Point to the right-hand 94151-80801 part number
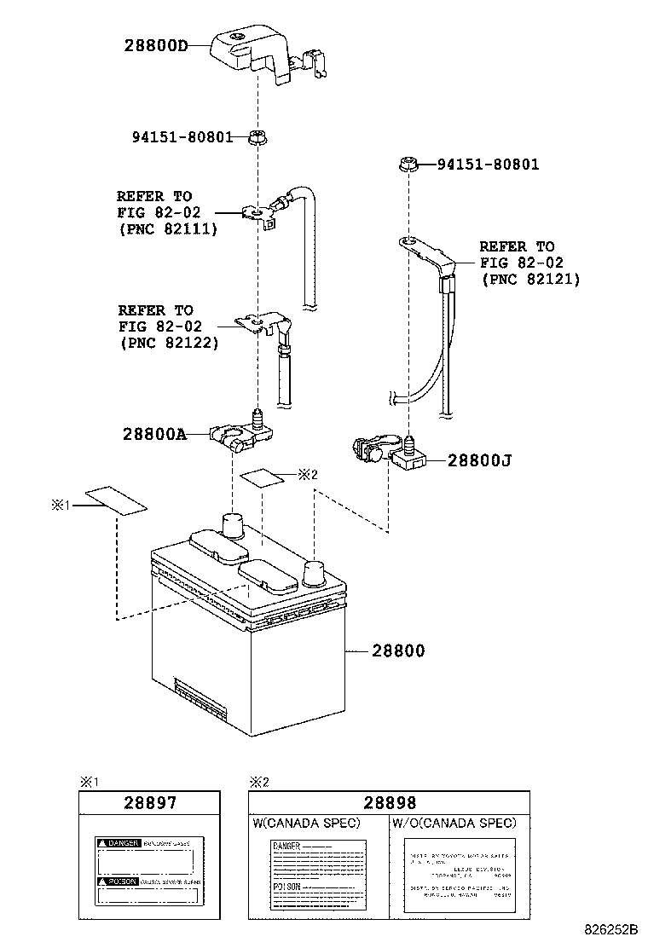click(x=489, y=165)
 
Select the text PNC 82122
click(x=168, y=343)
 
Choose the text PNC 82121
click(x=530, y=278)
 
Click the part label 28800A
click(x=153, y=434)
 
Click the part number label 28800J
click(x=480, y=460)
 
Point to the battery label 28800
click(x=398, y=650)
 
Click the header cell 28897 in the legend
click(x=150, y=803)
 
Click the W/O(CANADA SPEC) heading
click(x=454, y=823)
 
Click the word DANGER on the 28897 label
click(x=118, y=842)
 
